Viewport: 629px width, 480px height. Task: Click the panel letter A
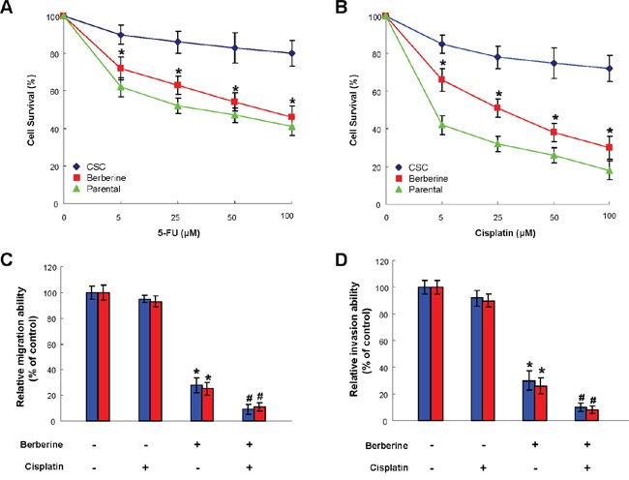click(8, 9)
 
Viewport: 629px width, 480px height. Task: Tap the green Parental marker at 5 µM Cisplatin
click(441, 125)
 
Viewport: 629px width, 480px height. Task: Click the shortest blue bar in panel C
click(249, 415)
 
